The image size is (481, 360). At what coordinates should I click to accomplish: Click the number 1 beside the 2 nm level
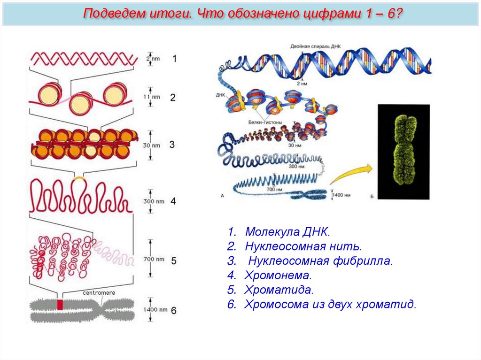(x=174, y=59)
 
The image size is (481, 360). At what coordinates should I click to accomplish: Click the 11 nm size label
(x=152, y=97)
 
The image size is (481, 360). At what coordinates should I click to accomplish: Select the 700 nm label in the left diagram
(x=153, y=260)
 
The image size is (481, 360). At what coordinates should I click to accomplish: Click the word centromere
(x=99, y=293)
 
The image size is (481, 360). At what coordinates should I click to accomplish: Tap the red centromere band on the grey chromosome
(x=60, y=305)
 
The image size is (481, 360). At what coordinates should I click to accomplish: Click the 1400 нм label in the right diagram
(x=341, y=194)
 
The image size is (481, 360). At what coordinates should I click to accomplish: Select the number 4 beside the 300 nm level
(x=173, y=201)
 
